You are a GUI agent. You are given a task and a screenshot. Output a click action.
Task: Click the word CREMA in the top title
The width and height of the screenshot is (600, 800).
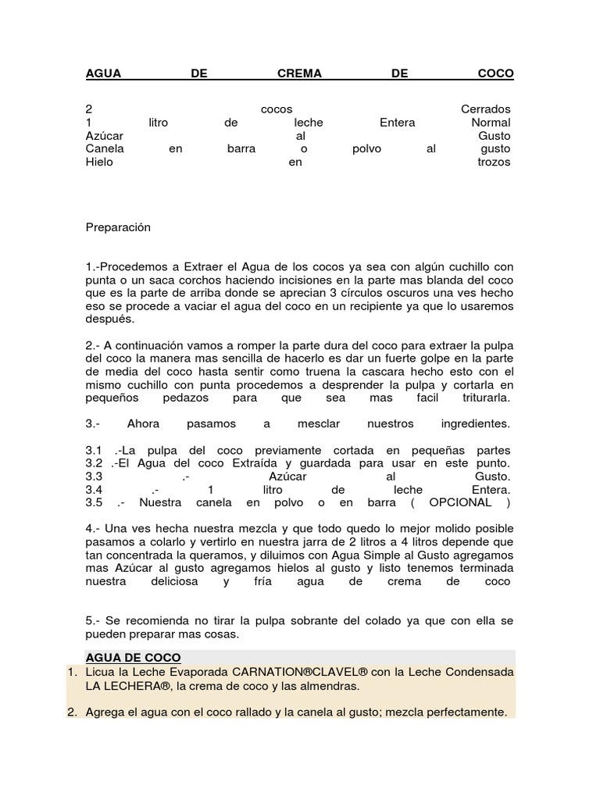(300, 73)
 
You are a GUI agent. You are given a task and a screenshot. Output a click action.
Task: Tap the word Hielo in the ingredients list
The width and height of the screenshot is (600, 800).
(99, 162)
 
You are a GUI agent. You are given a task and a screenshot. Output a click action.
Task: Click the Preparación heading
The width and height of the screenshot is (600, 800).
(117, 227)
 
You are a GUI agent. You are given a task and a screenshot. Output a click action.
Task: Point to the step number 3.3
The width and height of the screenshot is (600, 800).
(94, 477)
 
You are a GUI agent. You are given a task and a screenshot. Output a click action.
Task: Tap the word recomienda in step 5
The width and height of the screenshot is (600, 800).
(145, 621)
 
